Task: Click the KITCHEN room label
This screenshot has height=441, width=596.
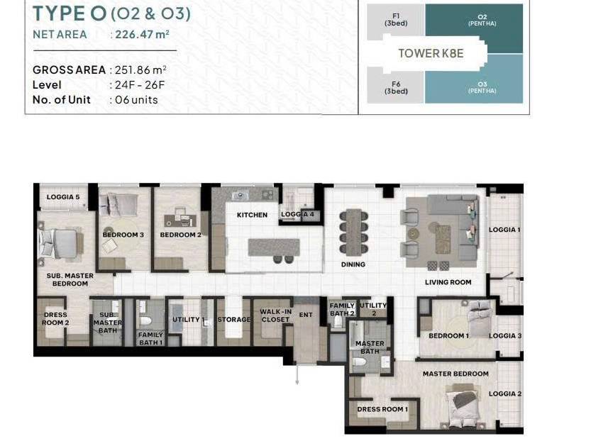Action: [252, 215]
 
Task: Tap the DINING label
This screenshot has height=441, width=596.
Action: [353, 264]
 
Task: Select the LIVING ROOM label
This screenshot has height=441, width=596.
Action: [448, 282]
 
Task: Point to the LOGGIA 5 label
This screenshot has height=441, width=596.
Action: [63, 197]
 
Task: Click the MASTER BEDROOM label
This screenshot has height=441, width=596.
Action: [456, 374]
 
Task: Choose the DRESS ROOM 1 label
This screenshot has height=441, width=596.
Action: [382, 409]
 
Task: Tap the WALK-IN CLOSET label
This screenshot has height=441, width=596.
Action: [275, 316]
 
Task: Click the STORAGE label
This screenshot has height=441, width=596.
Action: [233, 320]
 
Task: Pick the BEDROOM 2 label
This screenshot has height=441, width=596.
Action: [180, 235]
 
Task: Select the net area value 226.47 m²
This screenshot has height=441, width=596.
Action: [142, 34]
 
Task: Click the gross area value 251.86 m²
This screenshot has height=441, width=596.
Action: [140, 70]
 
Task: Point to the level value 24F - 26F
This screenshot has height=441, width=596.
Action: [140, 84]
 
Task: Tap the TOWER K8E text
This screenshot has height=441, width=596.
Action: [431, 53]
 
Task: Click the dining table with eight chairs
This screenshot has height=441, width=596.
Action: [354, 233]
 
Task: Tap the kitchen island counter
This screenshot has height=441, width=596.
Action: [274, 247]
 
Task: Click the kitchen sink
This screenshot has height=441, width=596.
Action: [241, 195]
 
